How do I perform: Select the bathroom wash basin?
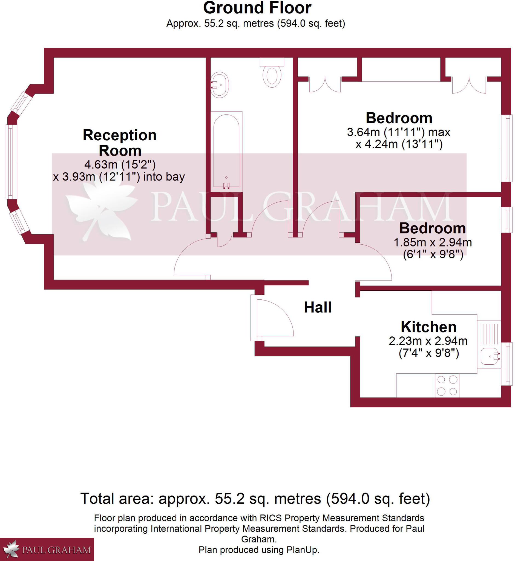coord(220,85)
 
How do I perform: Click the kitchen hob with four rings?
coord(447,386)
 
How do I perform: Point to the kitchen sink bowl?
coord(490,356)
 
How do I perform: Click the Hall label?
coord(318,308)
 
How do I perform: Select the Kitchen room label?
coord(428,327)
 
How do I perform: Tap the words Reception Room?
coord(120,143)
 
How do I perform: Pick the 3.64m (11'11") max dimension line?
coord(399,132)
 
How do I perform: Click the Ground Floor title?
coord(257,8)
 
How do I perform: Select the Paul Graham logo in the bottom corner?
coord(47,549)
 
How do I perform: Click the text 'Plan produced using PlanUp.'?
coord(259,550)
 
